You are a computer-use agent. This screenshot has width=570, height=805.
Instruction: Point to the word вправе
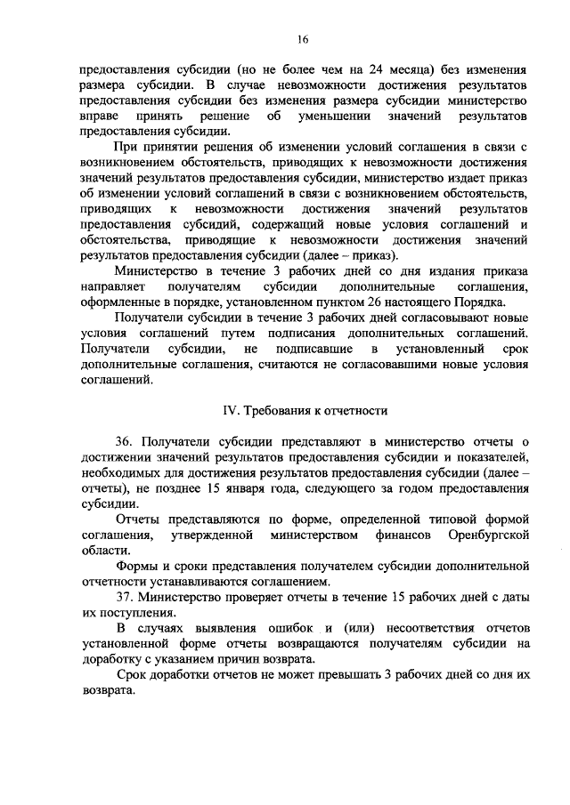[98, 117]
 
